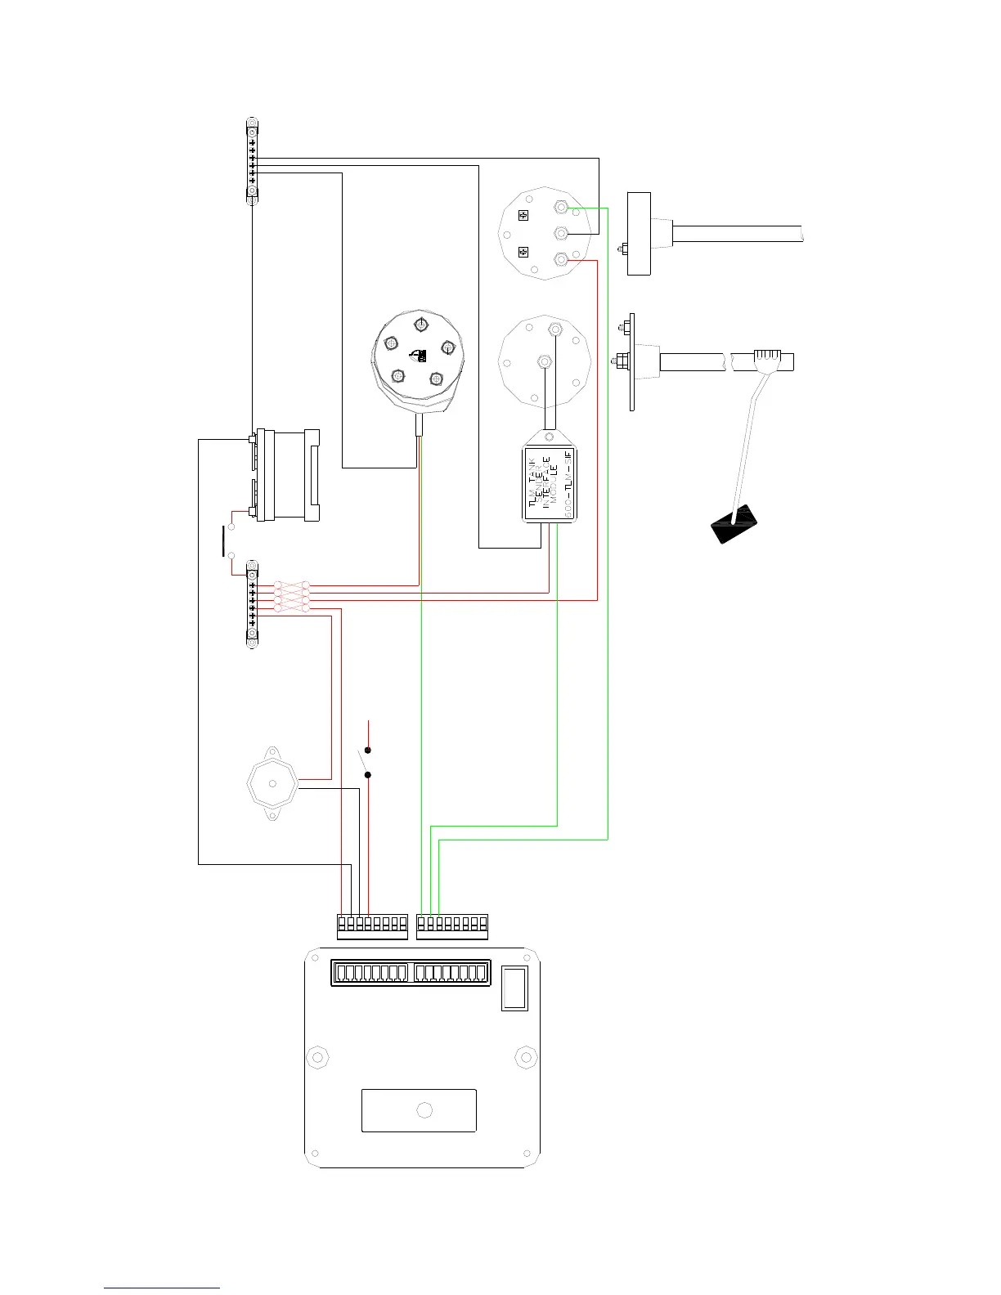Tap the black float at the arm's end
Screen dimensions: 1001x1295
(x=734, y=523)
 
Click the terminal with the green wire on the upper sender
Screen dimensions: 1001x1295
(x=562, y=208)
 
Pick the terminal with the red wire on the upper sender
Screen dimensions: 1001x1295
(x=562, y=261)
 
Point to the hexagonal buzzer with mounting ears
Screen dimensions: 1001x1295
(x=272, y=782)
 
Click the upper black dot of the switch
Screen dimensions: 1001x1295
(x=368, y=751)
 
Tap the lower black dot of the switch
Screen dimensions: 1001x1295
(x=368, y=774)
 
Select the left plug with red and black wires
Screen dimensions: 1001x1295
(x=372, y=925)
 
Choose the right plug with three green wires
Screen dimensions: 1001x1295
(x=452, y=925)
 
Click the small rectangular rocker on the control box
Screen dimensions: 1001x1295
(x=514, y=988)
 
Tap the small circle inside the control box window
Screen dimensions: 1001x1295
(x=424, y=1110)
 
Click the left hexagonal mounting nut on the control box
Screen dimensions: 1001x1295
(x=317, y=1057)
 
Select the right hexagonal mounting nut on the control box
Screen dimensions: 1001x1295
(x=526, y=1057)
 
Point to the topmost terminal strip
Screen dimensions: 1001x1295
(x=252, y=160)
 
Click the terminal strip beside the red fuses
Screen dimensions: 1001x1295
(x=252, y=604)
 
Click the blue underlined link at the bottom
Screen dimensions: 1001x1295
(x=162, y=1289)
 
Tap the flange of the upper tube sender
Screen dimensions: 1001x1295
(x=639, y=234)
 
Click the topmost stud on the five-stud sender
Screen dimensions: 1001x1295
(x=420, y=323)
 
